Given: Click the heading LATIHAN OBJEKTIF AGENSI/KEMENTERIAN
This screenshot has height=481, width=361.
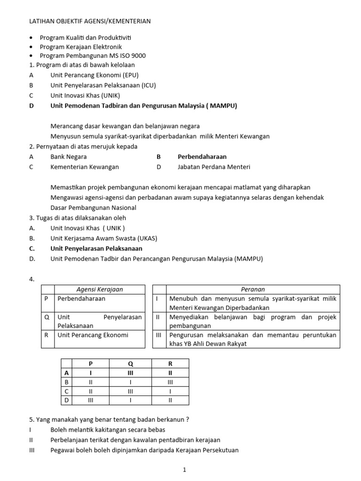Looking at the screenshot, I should [x=90, y=21].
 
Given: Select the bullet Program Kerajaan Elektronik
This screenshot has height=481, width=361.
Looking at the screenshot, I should [x=81, y=47].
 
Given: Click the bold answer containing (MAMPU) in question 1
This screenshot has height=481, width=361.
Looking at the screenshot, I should [x=144, y=106].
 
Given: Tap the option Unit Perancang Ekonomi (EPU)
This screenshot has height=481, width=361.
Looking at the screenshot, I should [x=94, y=75].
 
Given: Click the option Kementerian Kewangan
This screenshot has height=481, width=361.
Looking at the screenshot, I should [x=85, y=167].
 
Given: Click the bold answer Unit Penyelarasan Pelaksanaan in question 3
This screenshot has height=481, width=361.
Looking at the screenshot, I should [x=96, y=248].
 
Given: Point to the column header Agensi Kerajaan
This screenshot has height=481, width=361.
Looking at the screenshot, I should [x=99, y=289].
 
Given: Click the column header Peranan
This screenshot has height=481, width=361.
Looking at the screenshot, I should [x=252, y=289].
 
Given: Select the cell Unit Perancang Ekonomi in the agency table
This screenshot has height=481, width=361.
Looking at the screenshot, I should [x=93, y=335].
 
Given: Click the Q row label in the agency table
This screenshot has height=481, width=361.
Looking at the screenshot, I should [x=47, y=317].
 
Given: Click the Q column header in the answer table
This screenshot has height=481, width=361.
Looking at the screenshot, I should [x=130, y=364].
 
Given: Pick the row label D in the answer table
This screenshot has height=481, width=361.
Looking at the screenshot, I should [x=66, y=400].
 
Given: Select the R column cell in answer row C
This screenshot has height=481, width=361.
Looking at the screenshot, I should [x=170, y=391].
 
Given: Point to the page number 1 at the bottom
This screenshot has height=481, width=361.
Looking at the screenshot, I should [x=185, y=469].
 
